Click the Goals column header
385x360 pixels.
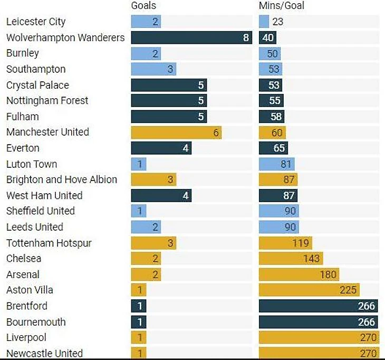(x=143, y=6)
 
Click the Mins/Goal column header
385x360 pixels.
(x=282, y=6)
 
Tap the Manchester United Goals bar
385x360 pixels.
(x=176, y=132)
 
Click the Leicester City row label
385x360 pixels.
(x=36, y=22)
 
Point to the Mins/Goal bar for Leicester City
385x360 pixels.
(x=264, y=22)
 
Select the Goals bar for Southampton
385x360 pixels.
(x=153, y=69)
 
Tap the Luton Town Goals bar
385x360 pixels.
(x=138, y=164)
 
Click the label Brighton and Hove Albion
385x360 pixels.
(x=62, y=179)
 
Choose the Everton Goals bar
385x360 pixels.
(x=161, y=148)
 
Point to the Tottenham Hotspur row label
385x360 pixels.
(x=49, y=243)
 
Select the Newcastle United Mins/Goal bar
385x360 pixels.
(x=319, y=353)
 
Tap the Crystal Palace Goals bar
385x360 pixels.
(x=169, y=85)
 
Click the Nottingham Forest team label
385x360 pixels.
(x=47, y=100)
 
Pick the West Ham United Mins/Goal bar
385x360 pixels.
(x=278, y=195)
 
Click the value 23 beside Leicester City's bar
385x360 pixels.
(x=277, y=22)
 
